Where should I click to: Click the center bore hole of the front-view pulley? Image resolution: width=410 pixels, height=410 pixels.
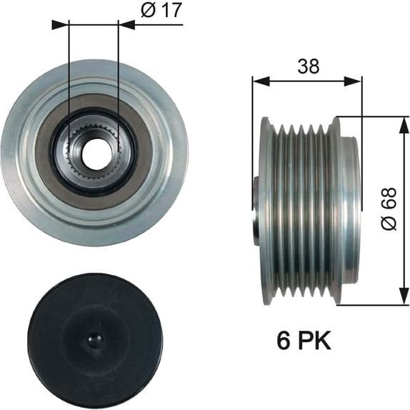(94, 151)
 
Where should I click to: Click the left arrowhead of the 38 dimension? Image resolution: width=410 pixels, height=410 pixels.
(258, 81)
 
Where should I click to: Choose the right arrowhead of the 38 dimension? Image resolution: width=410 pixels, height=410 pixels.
(356, 81)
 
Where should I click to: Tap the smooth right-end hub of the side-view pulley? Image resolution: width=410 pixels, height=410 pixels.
(350, 211)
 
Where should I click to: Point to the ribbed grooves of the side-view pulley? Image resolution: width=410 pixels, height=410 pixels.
(300, 211)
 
